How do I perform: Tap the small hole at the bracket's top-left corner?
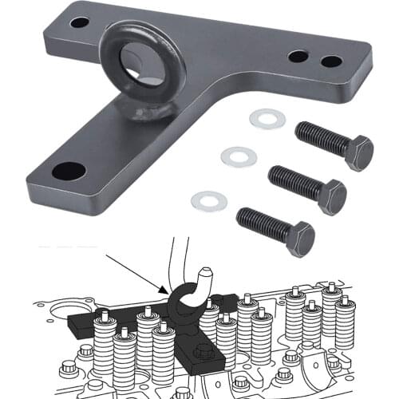pos(80,22)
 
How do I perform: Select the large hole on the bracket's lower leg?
pos(69,170)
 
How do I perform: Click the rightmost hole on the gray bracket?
pos(331,61)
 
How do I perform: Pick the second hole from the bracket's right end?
pos(298,57)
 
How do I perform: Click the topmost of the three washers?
pos(267,119)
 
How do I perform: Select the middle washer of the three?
pos(239,156)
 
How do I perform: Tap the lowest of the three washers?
pos(209,200)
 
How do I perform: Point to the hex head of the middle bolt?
pos(332,196)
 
